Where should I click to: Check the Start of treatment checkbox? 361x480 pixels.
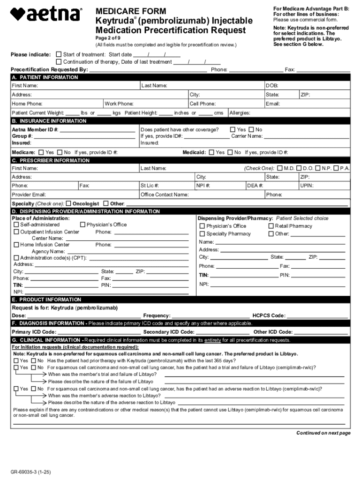(59, 54)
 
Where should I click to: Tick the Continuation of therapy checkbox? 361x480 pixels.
(59, 62)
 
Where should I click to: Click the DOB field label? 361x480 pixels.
(272, 86)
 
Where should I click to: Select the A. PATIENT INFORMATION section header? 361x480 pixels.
(45, 77)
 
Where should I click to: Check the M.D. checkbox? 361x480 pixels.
(280, 168)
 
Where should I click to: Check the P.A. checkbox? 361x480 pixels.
(336, 168)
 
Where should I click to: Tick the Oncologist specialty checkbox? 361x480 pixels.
(68, 203)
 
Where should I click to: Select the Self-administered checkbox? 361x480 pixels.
(16, 225)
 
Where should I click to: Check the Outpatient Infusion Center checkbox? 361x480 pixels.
(16, 232)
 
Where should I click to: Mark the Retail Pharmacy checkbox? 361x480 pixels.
(271, 226)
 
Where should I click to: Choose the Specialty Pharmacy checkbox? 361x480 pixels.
(203, 234)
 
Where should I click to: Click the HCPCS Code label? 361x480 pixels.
(269, 316)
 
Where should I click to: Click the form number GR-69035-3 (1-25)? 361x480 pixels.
(31, 472)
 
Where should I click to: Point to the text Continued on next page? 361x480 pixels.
(323, 433)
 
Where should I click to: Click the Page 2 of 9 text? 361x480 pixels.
(108, 38)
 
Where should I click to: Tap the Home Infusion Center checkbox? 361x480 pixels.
(16, 245)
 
